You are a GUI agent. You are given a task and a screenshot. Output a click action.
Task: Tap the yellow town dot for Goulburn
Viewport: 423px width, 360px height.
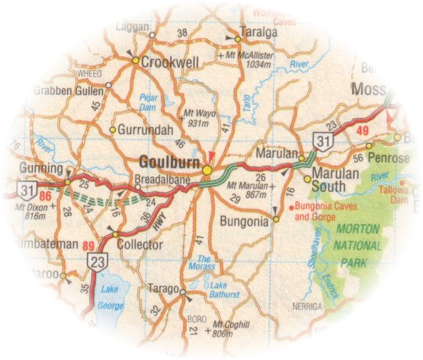[x=207, y=169]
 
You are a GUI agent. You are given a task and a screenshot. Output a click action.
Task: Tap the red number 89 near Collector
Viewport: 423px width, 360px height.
[x=89, y=246]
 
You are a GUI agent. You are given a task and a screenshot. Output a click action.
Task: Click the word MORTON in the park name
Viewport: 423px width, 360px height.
[x=357, y=229]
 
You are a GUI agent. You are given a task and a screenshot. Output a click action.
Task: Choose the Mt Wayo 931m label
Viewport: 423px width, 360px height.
[x=196, y=119]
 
